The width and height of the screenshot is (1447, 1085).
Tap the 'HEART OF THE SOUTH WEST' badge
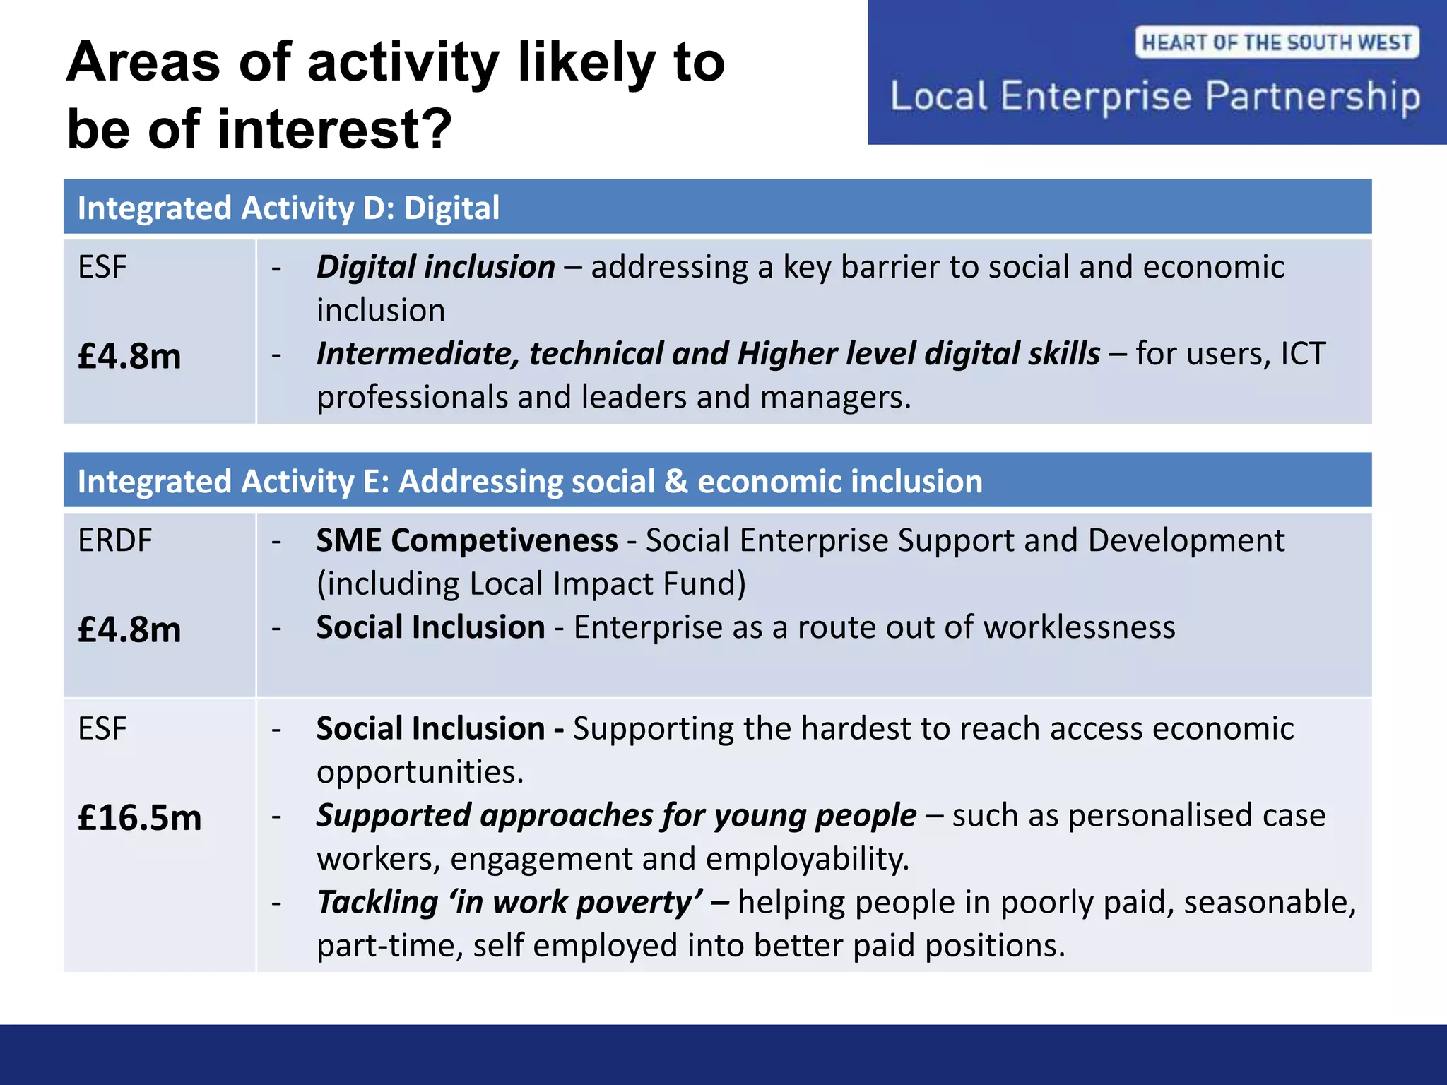point(1277,42)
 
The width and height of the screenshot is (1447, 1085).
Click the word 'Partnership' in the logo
point(1312,97)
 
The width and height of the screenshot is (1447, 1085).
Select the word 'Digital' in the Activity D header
point(451,208)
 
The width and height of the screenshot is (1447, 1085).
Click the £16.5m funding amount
point(139,817)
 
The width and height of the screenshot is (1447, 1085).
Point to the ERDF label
point(114,540)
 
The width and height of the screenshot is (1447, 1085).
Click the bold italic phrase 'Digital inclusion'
point(435,267)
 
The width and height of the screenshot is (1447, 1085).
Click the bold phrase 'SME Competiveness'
point(466,540)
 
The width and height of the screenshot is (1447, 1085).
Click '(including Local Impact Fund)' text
point(531,584)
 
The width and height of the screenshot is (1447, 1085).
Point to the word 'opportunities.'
point(420,772)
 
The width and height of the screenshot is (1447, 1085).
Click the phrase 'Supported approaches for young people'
point(616,815)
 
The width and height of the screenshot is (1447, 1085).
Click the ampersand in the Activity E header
point(676,482)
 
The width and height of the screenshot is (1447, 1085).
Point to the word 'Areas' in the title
point(143,62)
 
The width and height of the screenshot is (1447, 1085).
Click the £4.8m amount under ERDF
point(129,629)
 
